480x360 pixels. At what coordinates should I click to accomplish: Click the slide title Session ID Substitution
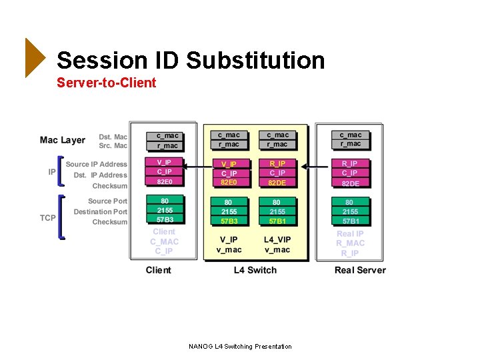click(x=191, y=61)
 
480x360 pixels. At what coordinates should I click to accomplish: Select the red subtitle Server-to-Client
click(x=107, y=83)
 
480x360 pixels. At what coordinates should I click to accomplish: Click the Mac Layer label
click(x=63, y=140)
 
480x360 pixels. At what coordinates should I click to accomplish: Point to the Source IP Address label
click(x=96, y=164)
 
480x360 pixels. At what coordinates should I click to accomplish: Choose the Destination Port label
click(x=100, y=211)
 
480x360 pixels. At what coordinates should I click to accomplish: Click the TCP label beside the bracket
click(x=48, y=218)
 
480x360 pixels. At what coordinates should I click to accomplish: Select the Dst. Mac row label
click(x=113, y=137)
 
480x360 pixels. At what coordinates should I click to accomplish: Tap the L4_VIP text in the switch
click(x=277, y=239)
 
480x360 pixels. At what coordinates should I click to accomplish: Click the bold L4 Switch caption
click(x=255, y=270)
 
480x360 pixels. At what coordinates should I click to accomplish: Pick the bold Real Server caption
click(x=360, y=270)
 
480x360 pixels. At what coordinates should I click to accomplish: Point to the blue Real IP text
click(x=350, y=234)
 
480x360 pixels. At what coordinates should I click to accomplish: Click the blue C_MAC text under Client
click(x=164, y=241)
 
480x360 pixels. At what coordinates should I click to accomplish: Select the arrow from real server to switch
click(x=317, y=166)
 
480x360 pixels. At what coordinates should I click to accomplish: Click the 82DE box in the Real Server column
click(x=350, y=183)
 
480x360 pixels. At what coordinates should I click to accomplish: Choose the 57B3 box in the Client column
click(x=165, y=219)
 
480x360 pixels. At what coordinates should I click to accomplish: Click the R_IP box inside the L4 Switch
click(x=277, y=164)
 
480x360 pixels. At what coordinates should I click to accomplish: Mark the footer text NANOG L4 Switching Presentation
click(x=240, y=346)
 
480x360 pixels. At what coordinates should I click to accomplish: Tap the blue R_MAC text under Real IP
click(x=350, y=243)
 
